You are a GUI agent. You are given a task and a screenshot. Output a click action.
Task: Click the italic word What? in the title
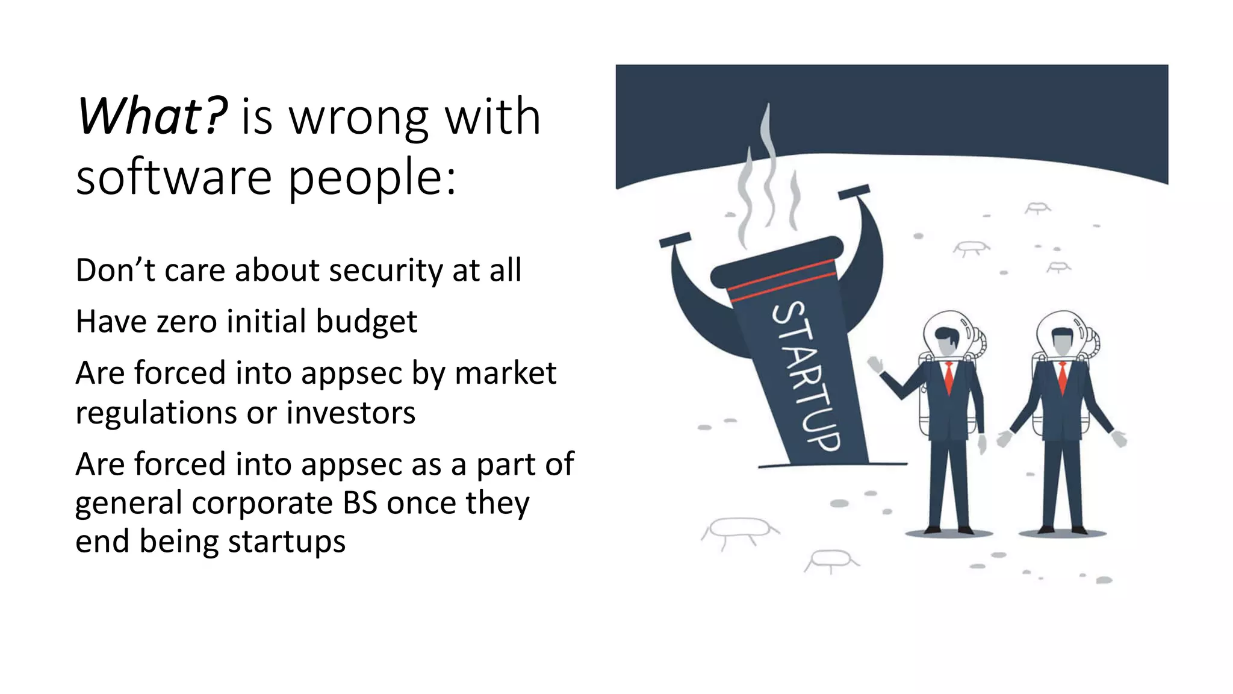(152, 116)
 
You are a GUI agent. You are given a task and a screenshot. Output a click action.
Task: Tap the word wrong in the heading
(359, 117)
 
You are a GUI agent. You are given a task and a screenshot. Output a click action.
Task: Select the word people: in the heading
(372, 178)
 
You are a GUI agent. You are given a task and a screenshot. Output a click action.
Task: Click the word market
(505, 373)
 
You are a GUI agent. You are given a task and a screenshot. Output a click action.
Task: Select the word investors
(350, 413)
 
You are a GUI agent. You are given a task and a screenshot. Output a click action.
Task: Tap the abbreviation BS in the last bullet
(359, 503)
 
